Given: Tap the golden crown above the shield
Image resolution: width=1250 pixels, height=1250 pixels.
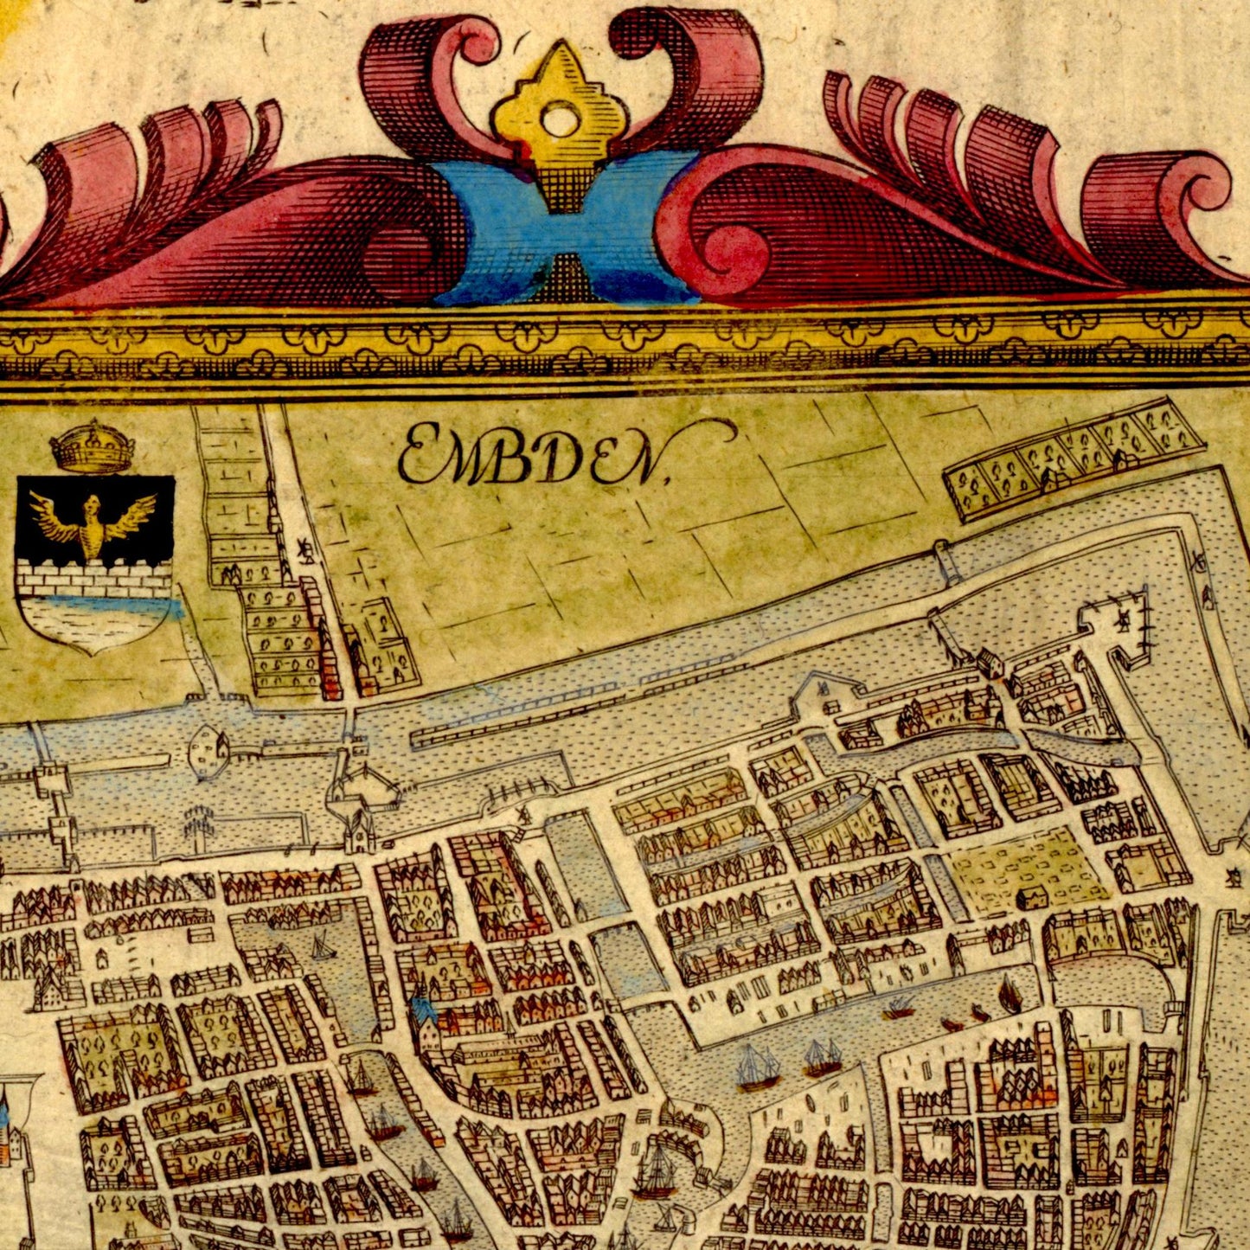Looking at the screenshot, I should point(92,446).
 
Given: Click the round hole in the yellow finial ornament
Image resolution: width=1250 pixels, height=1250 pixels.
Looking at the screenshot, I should point(560,120).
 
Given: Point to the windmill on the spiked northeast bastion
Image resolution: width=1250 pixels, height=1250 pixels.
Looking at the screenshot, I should point(1122,619).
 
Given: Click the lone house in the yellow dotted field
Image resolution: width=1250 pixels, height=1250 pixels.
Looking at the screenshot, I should point(1029,897).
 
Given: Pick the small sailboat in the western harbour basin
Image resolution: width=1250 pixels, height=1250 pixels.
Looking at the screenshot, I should point(322,946).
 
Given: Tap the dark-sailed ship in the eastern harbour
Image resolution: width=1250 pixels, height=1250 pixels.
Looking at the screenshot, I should point(1009,995).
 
